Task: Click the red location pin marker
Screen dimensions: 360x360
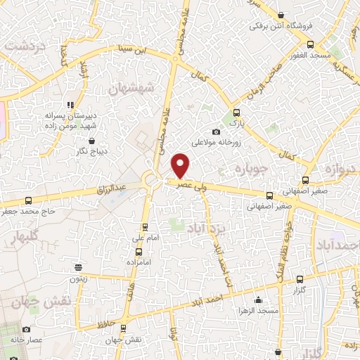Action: point(181,165)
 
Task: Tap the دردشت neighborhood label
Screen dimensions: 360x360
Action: point(25,45)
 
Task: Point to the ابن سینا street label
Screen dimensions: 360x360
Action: point(131,51)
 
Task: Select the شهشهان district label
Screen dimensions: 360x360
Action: point(131,89)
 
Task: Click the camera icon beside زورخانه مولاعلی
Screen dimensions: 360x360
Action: point(217,132)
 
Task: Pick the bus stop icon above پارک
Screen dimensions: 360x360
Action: point(236,112)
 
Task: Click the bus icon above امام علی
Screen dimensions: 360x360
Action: point(145,227)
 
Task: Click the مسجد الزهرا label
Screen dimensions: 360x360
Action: point(258,310)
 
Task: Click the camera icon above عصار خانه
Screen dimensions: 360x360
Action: point(27,329)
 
